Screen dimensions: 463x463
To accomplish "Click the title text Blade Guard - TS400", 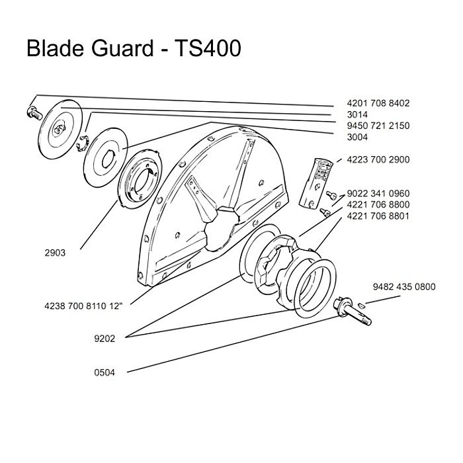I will tap(133, 49).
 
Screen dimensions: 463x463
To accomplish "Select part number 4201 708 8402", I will tap(378, 104).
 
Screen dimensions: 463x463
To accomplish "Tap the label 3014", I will tap(357, 115).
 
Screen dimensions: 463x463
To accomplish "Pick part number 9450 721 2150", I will tap(378, 126).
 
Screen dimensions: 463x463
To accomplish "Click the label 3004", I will tap(357, 137).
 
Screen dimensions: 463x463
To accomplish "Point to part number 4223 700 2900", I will tap(378, 159).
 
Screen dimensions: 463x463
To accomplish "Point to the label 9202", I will tap(105, 338).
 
